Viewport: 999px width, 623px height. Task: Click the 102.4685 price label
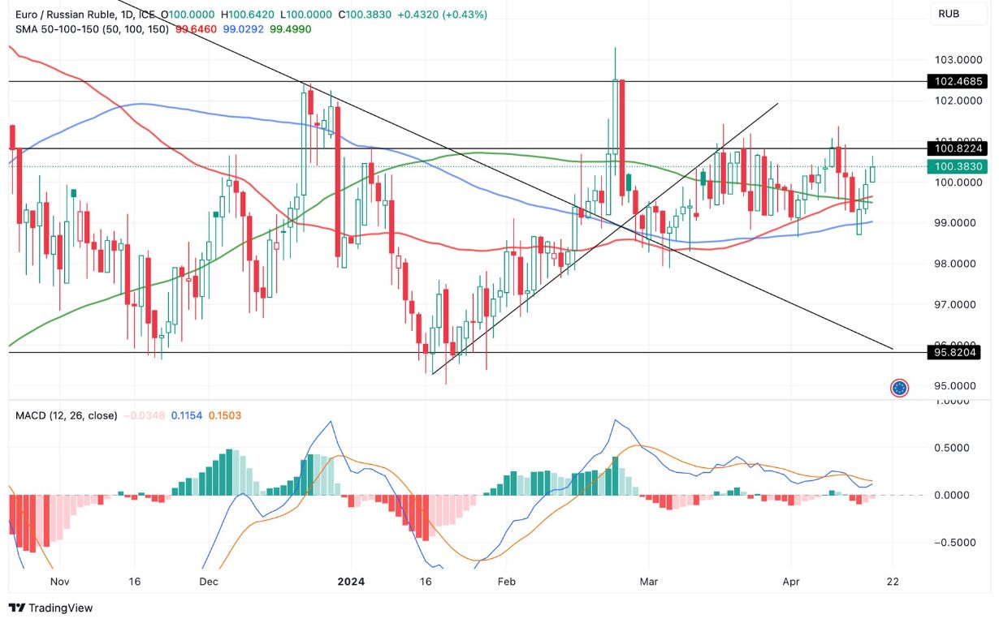click(x=954, y=81)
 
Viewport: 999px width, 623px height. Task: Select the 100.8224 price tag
click(x=954, y=148)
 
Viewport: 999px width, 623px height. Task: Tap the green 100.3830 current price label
click(x=954, y=166)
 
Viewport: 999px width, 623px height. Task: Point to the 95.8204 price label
click(x=954, y=352)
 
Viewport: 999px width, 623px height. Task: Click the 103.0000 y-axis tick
click(x=954, y=60)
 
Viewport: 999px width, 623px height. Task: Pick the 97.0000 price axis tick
click(x=954, y=304)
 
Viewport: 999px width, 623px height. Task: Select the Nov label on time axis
click(x=59, y=582)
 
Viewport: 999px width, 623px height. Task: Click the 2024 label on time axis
click(x=351, y=582)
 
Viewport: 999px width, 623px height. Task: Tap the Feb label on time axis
click(x=506, y=582)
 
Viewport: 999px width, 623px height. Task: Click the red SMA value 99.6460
click(x=196, y=29)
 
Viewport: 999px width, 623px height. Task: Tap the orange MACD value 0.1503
click(x=224, y=415)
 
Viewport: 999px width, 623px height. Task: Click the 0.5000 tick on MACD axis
click(x=954, y=448)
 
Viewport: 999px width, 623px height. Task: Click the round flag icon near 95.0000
click(x=899, y=388)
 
